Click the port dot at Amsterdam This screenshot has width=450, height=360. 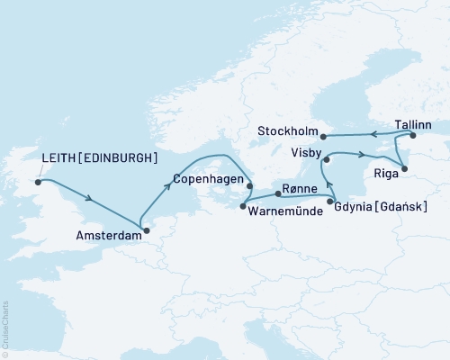point(147,229)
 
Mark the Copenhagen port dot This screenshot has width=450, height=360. point(248,184)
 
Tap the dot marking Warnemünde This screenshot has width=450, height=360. point(243,206)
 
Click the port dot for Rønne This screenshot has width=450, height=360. point(275,193)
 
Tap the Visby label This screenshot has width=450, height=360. point(306,153)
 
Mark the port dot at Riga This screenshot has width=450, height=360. point(404,166)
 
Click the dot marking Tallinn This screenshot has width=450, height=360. point(413,136)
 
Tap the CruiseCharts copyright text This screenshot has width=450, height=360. point(5,325)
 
